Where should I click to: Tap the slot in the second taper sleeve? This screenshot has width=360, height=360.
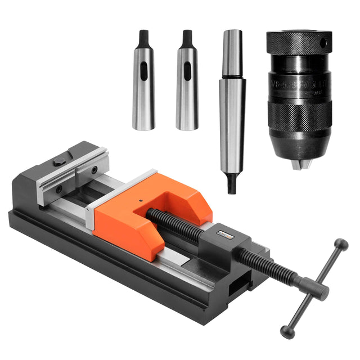click(187, 71)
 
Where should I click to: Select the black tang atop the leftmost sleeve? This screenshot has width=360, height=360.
click(143, 38)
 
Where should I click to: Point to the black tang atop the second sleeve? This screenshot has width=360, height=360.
click(187, 38)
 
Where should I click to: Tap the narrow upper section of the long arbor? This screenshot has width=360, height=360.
click(231, 53)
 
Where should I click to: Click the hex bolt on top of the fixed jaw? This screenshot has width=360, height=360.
click(59, 161)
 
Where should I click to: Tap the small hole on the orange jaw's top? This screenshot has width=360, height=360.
click(139, 199)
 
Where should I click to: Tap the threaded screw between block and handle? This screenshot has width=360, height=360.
click(270, 268)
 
